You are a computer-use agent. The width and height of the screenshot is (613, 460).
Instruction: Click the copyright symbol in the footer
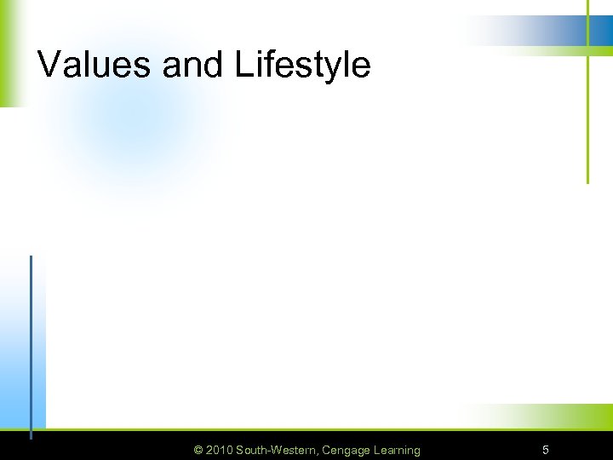(x=199, y=450)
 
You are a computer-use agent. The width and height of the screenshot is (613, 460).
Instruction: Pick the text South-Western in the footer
(x=276, y=450)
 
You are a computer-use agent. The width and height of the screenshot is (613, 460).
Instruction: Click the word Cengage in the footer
(x=347, y=450)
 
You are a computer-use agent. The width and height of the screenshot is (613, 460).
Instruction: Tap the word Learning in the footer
(x=397, y=450)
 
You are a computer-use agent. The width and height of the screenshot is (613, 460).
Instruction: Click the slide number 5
(x=546, y=450)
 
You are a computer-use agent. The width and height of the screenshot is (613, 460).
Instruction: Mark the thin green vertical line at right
(x=587, y=119)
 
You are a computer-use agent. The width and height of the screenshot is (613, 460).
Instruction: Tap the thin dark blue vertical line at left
(x=31, y=341)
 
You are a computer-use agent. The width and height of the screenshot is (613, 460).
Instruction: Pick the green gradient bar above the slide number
(x=545, y=417)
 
